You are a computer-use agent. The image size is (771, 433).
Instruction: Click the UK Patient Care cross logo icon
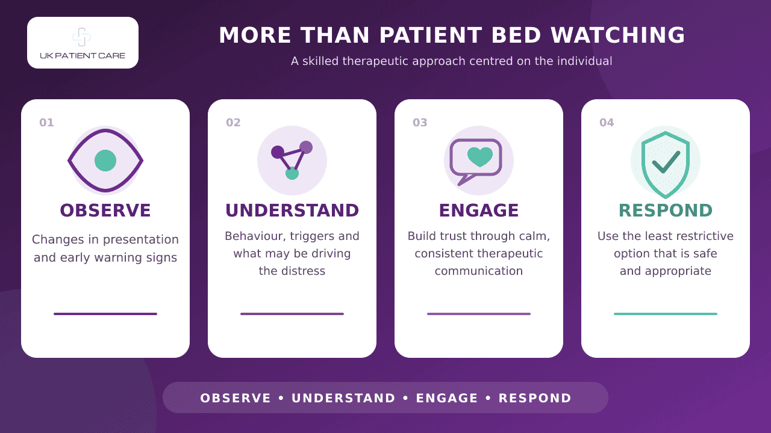[x=81, y=37]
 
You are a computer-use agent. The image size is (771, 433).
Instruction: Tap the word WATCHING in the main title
[x=618, y=35]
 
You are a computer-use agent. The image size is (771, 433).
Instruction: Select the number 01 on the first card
[x=46, y=123]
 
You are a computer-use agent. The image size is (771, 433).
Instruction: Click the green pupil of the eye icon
[x=105, y=161]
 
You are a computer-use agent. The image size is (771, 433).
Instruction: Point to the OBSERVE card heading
[x=105, y=210]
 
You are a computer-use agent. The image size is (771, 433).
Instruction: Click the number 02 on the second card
[x=233, y=123]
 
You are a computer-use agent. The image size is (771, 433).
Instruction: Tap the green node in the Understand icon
[x=292, y=173]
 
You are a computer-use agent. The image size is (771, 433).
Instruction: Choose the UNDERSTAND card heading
[x=292, y=210]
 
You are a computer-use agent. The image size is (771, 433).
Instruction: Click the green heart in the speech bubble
[x=480, y=156]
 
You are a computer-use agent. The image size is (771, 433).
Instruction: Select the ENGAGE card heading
[x=479, y=210]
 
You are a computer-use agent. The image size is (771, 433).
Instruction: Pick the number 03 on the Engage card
[x=420, y=123]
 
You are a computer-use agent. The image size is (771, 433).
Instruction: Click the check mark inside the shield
[x=666, y=162]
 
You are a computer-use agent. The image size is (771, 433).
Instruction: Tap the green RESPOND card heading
[x=666, y=210]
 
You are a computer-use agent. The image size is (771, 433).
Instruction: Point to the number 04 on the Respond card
[x=607, y=123]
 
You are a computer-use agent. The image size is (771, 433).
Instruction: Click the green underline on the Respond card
[x=666, y=314]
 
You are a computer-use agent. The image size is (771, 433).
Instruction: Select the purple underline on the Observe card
[x=105, y=314]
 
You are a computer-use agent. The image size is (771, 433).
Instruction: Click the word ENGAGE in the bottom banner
[x=447, y=398]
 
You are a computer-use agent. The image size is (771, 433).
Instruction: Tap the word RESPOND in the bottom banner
[x=535, y=398]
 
